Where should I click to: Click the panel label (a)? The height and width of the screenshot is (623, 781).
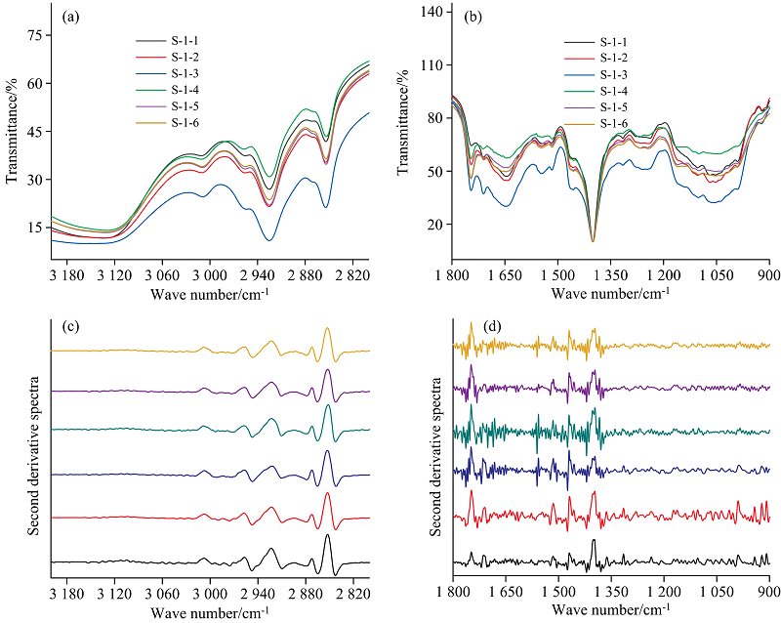click(x=70, y=17)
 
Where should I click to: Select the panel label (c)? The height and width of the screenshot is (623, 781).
click(x=70, y=328)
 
